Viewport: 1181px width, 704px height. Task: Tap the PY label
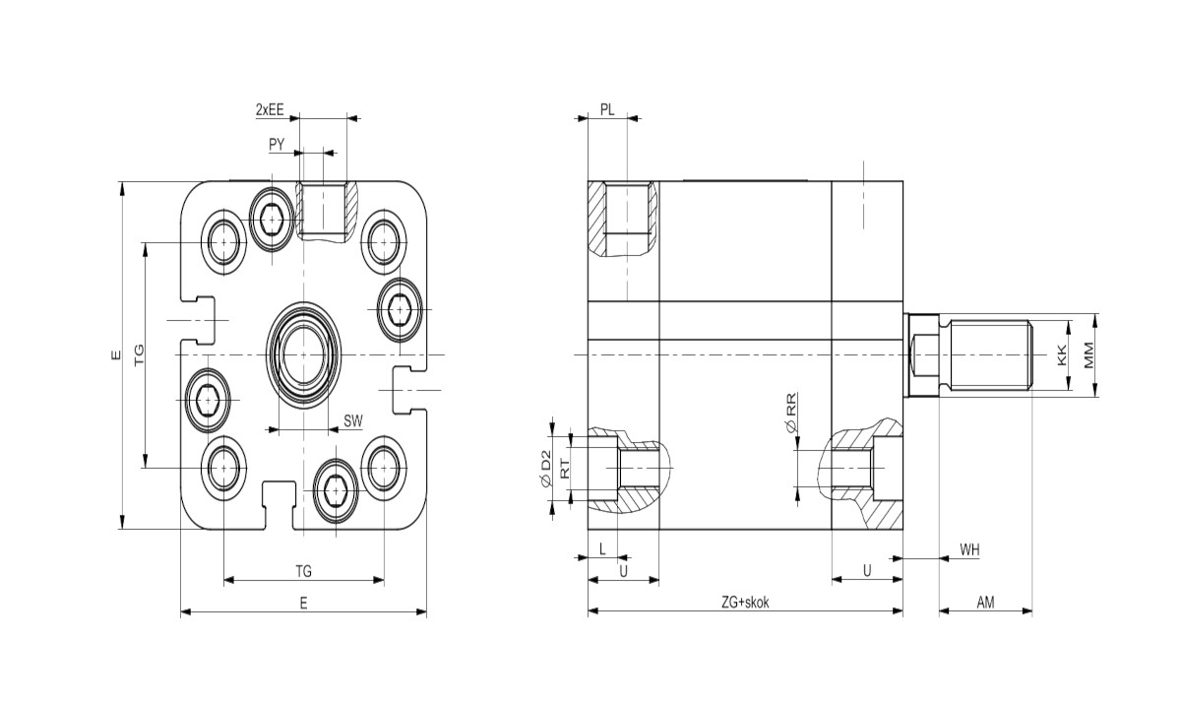pyautogui.click(x=277, y=145)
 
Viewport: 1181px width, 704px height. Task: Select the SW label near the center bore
pyautogui.click(x=353, y=421)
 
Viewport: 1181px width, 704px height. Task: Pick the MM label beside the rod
pyautogui.click(x=1088, y=355)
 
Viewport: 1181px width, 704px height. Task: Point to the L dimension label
pyautogui.click(x=602, y=549)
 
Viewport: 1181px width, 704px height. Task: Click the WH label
pyautogui.click(x=970, y=549)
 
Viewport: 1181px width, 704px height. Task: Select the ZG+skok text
pyautogui.click(x=744, y=602)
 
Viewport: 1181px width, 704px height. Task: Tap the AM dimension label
pyautogui.click(x=985, y=602)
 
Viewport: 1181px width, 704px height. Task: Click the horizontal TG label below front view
pyautogui.click(x=304, y=570)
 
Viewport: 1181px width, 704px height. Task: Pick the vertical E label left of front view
pyautogui.click(x=114, y=354)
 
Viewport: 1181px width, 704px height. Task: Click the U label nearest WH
pyautogui.click(x=867, y=570)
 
